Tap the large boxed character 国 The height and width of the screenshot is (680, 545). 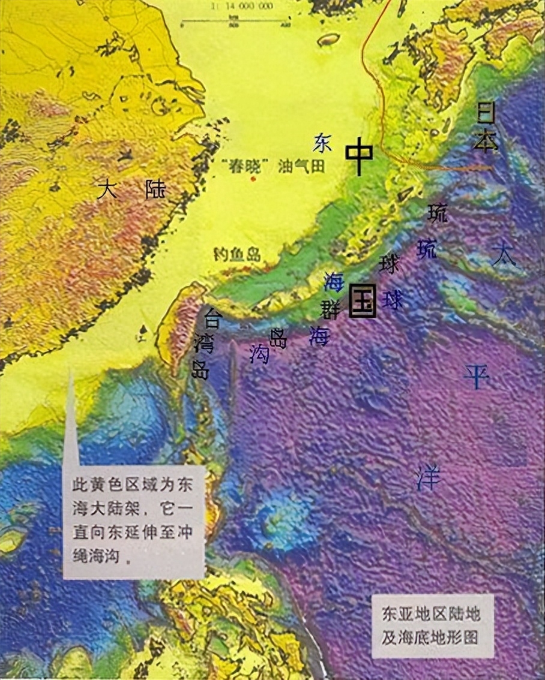363,300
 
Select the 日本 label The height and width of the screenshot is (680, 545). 487,127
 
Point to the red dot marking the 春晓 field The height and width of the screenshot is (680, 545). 253,178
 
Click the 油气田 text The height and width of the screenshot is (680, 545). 301,166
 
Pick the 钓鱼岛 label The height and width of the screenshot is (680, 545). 237,254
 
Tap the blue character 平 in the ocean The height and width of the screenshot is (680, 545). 477,376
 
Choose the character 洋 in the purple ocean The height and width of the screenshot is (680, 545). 429,478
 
